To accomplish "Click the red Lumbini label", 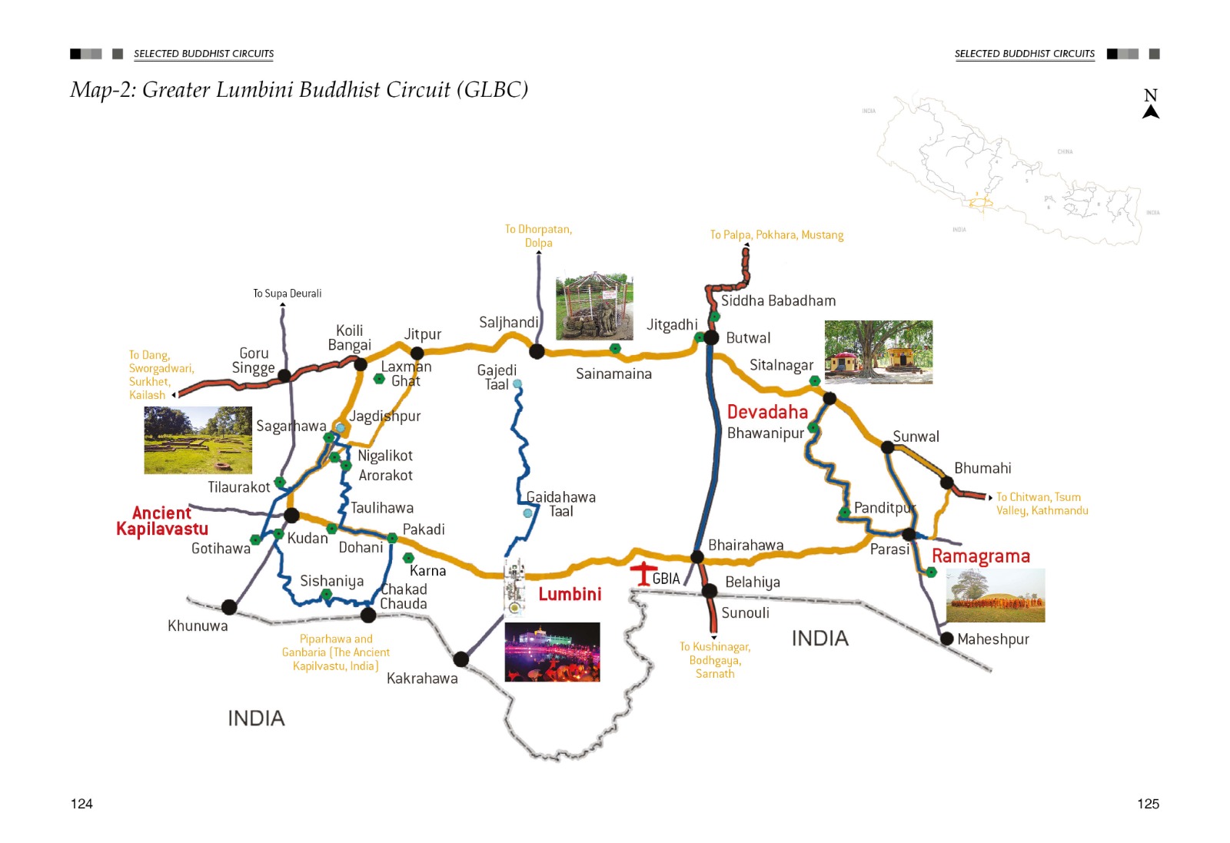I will pos(570,594).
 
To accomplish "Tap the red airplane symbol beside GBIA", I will pos(640,573).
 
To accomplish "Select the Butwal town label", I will pos(747,338).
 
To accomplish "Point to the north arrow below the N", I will pos(1150,112).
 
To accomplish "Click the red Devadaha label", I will pos(767,412).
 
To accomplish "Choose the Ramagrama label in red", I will pos(980,556).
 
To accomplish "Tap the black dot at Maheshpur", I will pos(947,639).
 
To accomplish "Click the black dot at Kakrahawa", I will pos(461,659).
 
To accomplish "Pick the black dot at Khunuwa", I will pos(229,607).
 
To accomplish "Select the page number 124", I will pos(81,804).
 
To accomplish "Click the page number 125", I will pos(1148,804).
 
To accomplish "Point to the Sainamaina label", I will pos(613,374).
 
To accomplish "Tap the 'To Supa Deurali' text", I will pos(288,294).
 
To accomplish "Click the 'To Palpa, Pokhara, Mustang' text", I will pos(776,235).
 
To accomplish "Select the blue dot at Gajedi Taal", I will pos(517,383).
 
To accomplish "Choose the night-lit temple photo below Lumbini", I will pos(552,652).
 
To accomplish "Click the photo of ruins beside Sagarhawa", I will pos(198,440).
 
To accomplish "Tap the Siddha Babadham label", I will pos(778,301).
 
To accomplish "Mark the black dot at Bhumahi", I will pos(947,483).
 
